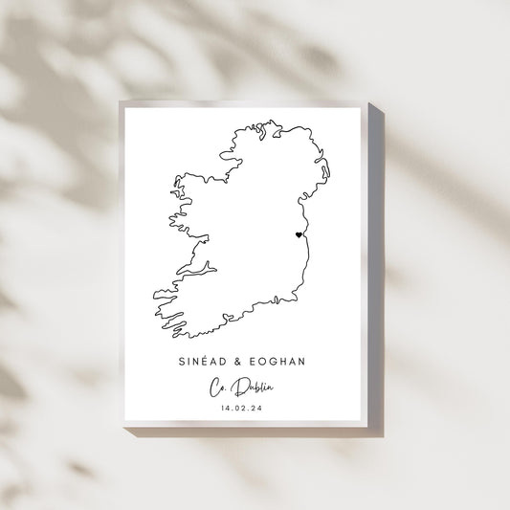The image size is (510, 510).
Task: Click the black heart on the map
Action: coord(299,234)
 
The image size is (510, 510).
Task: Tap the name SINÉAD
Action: coord(202,362)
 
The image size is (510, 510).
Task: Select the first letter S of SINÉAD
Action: coord(182,362)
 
